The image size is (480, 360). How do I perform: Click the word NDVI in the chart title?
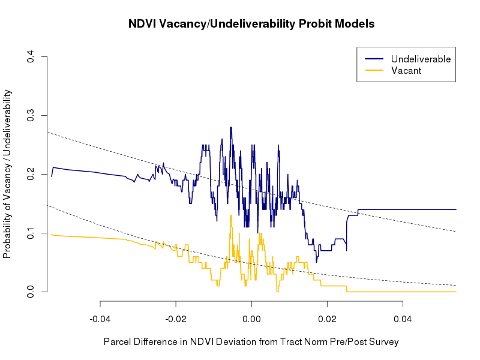click(143, 25)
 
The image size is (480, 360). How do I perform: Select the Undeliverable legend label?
click(421, 59)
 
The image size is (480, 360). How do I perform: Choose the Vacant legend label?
click(406, 71)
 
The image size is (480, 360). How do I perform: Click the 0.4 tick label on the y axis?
click(29, 57)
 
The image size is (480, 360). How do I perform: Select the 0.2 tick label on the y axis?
click(29, 174)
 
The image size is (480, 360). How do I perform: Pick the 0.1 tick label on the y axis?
click(29, 233)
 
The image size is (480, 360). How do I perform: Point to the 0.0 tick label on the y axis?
click(29, 292)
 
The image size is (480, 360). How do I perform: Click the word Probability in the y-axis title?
click(7, 232)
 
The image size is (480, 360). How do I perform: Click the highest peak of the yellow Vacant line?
click(230, 215)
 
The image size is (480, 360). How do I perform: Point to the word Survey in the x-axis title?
click(383, 342)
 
